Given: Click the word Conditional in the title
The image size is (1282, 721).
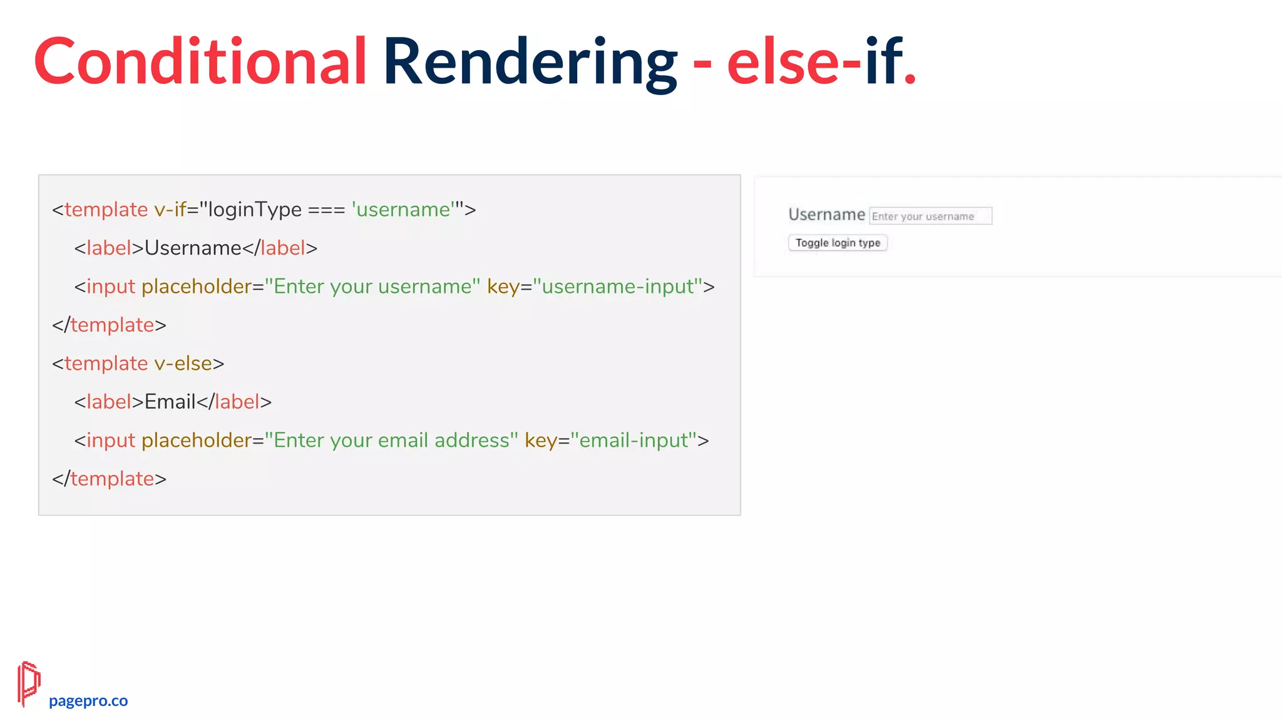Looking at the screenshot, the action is click(200, 61).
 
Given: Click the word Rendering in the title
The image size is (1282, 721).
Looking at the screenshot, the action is click(530, 61).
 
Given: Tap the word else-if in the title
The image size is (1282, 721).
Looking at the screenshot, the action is click(814, 61).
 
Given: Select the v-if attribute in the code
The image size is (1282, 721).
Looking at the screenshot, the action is click(170, 210).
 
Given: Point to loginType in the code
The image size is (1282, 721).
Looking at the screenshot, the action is click(255, 210).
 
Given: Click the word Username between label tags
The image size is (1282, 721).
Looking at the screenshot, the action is click(193, 248).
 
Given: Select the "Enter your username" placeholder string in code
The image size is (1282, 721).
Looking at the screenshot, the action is click(372, 287).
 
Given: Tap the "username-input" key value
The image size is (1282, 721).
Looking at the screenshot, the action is click(618, 287).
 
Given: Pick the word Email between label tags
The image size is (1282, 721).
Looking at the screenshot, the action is click(170, 402).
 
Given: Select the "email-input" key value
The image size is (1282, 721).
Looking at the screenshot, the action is click(633, 441).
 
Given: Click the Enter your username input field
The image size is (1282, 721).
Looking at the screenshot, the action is click(930, 217).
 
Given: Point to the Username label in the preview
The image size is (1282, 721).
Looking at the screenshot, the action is click(826, 215).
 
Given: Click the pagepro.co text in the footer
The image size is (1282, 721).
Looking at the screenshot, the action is click(88, 701).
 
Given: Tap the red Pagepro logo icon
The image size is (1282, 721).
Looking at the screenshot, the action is click(29, 683).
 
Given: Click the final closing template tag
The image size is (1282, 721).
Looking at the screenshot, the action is click(110, 479).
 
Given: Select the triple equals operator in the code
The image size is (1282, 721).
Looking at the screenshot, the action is click(326, 210).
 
